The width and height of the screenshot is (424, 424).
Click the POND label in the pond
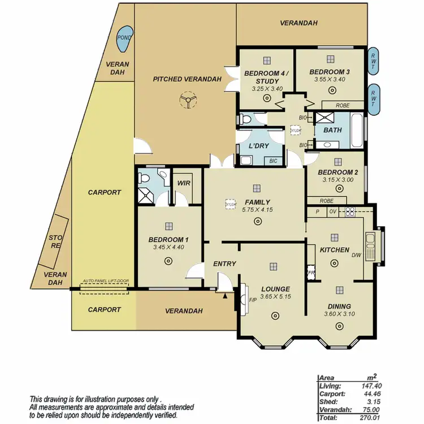pos(123,38)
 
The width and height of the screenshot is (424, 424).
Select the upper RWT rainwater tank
pos(374,61)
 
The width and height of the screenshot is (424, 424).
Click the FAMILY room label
pos(257,202)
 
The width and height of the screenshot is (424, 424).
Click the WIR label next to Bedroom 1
pos(184,183)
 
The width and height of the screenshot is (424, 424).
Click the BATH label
pos(332,130)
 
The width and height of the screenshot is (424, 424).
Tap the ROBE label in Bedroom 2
pos(326,201)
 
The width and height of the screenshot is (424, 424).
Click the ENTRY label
pos(224,264)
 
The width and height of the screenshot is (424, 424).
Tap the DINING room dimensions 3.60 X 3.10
pos(339,314)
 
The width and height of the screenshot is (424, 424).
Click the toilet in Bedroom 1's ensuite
pos(144,179)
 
